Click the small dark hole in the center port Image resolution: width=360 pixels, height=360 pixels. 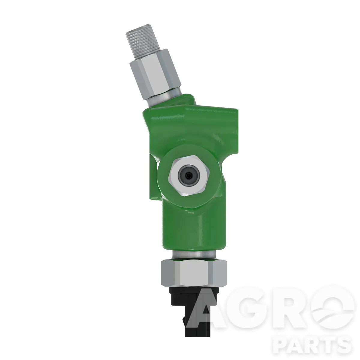click(189, 175)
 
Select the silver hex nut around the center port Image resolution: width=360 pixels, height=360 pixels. click(189, 175)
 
